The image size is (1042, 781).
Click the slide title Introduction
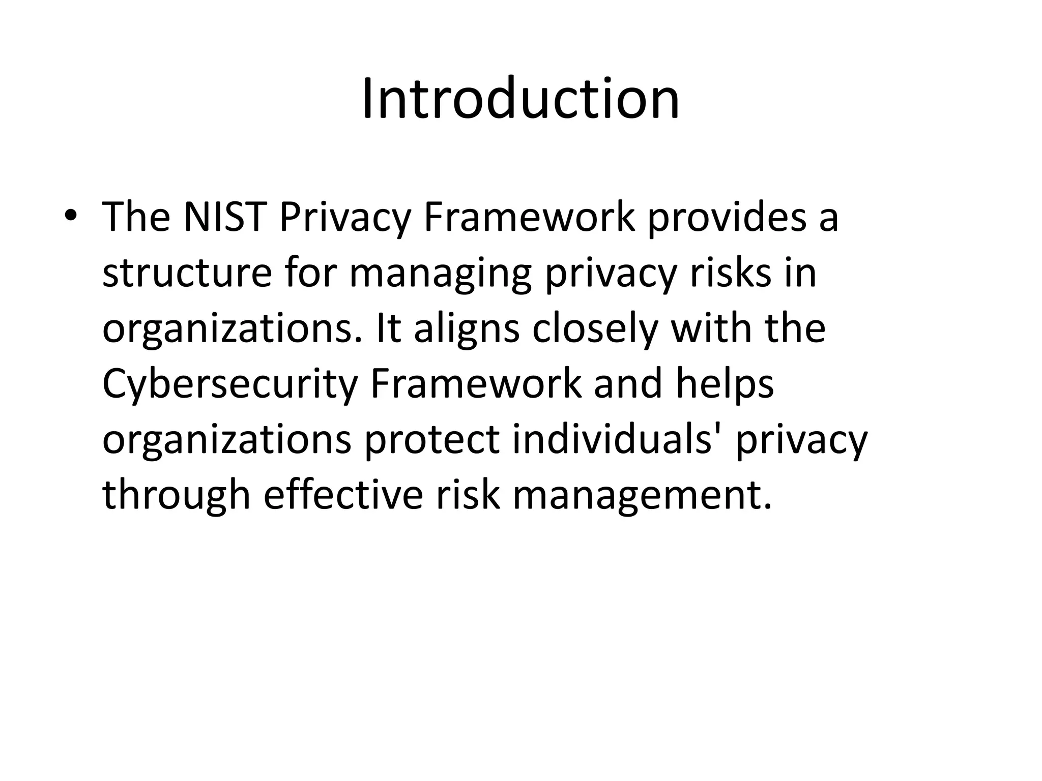[x=520, y=99]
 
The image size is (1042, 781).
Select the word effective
[x=343, y=495]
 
